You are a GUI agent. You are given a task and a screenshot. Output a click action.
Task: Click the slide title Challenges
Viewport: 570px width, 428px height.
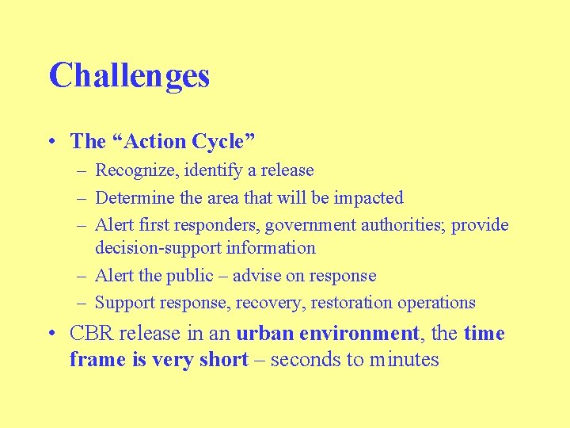tap(129, 76)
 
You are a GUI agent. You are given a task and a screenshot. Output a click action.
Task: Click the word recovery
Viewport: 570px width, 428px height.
tap(275, 303)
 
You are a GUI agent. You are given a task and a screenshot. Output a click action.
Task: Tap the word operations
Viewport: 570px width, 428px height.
tap(435, 303)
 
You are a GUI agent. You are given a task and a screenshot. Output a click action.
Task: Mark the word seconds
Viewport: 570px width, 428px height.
tap(306, 360)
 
